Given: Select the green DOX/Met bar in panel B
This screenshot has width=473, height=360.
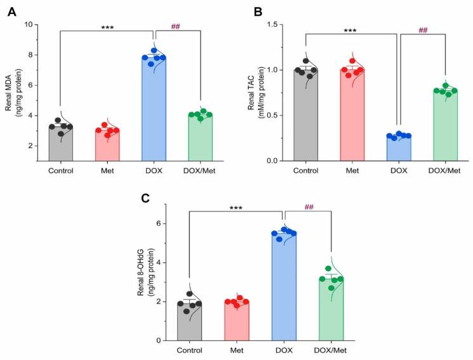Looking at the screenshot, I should coord(445,127).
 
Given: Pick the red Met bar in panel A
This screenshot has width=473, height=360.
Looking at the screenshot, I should coord(107,146).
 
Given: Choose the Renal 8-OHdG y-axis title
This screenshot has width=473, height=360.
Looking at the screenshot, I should coord(145,272).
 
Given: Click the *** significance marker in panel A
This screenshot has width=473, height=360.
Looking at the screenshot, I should coord(107,28).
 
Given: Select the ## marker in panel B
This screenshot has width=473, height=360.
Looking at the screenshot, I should coord(423,29).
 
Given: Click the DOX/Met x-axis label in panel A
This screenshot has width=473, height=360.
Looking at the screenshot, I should coord(200,170).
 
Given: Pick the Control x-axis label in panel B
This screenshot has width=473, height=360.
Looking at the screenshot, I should coord(305,170).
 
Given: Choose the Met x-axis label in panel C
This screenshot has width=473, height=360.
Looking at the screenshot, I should coord(236,350).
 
